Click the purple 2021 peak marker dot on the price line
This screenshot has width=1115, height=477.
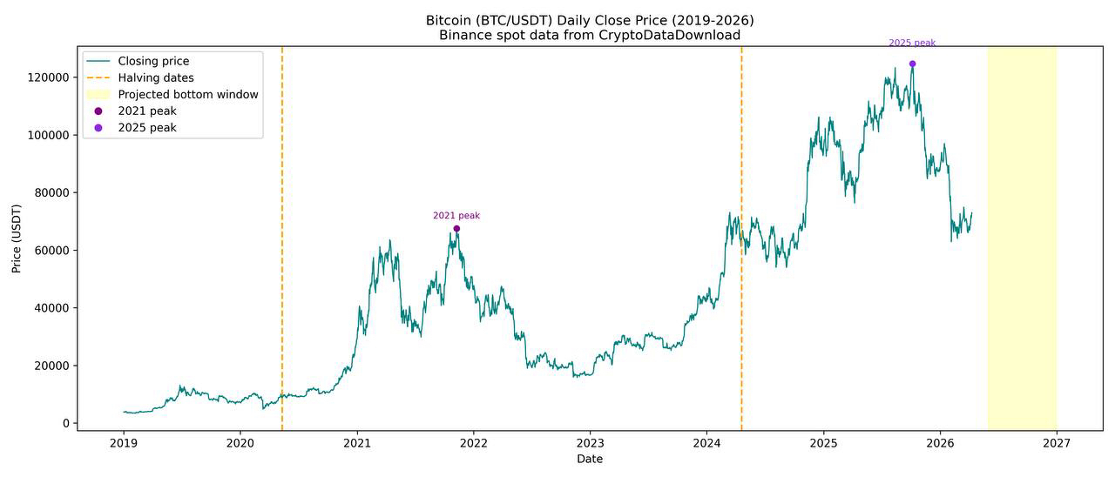pyautogui.click(x=456, y=229)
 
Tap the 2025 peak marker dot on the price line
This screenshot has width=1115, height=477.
pyautogui.click(x=912, y=64)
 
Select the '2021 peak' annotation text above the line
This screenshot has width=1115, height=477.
pyautogui.click(x=456, y=216)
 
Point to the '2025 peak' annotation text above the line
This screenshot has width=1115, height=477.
pyautogui.click(x=912, y=43)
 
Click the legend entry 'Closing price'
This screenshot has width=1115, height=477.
pyautogui.click(x=153, y=61)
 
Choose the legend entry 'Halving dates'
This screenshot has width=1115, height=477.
pyautogui.click(x=156, y=77)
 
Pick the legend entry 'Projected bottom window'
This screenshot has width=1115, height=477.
pyautogui.click(x=188, y=94)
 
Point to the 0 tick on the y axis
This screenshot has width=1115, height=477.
pyautogui.click(x=65, y=424)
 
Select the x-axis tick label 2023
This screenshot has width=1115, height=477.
pyautogui.click(x=590, y=443)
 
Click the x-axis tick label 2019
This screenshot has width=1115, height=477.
pyautogui.click(x=123, y=443)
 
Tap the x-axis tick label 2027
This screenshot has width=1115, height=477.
pyautogui.click(x=1057, y=443)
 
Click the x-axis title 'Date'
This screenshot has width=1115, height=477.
pyautogui.click(x=590, y=459)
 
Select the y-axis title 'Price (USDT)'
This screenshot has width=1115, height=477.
pyautogui.click(x=17, y=238)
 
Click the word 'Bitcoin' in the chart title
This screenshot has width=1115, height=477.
pyautogui.click(x=450, y=20)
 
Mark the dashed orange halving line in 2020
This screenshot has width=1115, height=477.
pyautogui.click(x=282, y=261)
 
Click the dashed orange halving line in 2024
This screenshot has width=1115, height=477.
pyautogui.click(x=741, y=331)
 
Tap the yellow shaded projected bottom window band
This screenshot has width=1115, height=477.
pyautogui.click(x=1022, y=261)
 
